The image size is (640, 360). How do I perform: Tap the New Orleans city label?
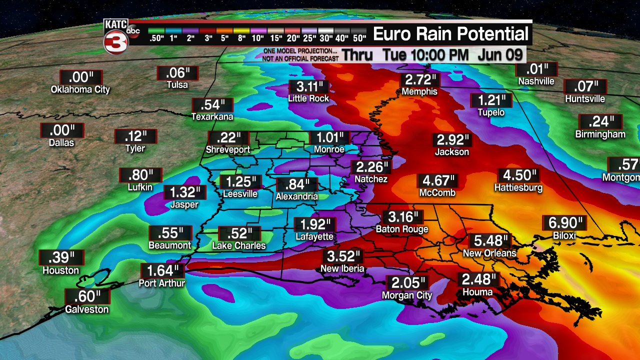(489, 253)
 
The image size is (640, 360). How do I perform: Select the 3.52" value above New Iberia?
(343, 257)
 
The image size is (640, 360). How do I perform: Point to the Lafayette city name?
(314, 236)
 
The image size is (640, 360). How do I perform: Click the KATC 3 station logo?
(117, 36)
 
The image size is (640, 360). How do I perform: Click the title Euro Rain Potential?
(450, 34)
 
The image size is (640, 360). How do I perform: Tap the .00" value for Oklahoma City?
(80, 78)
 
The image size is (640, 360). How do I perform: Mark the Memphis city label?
(419, 91)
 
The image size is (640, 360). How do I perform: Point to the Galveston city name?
(87, 309)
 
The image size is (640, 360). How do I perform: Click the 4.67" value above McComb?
(437, 180)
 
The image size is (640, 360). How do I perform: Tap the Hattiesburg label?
(518, 188)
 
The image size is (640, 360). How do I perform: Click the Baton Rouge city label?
(402, 229)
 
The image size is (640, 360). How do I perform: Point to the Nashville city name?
(536, 81)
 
